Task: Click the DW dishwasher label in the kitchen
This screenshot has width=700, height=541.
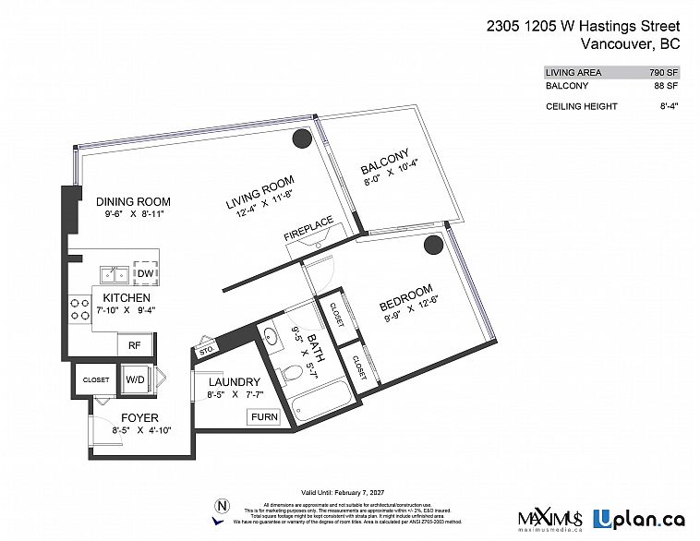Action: pos(145,273)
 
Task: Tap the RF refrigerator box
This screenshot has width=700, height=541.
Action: pos(134,344)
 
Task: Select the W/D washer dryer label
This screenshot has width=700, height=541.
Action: pos(135,379)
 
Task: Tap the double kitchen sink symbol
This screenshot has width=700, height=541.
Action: pos(115,274)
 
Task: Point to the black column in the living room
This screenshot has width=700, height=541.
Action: pos(300,138)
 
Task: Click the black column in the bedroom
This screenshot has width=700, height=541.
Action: pos(432,245)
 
